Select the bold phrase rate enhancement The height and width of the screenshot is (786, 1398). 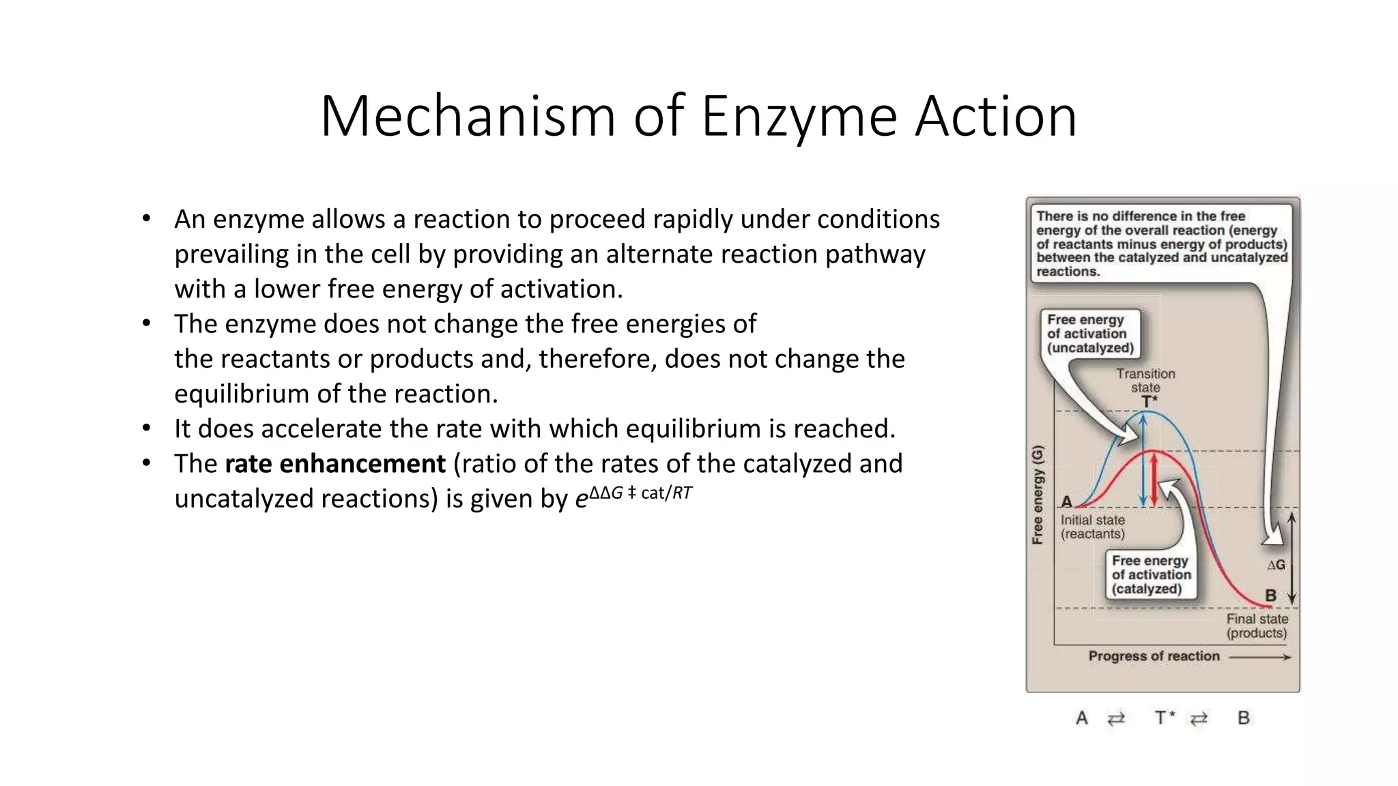pos(335,464)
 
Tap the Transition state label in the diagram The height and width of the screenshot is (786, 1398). pos(1145,381)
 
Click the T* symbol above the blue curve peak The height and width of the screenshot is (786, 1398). pos(1150,401)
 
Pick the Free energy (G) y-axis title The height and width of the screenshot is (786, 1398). pos(1038,495)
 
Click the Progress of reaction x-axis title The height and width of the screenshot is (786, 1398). pos(1154,656)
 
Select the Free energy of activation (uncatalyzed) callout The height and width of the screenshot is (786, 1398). pos(1090,334)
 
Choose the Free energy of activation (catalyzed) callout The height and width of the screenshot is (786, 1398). pos(1151,574)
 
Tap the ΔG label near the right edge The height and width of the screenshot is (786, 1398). pos(1275,565)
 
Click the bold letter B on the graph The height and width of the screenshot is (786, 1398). pos(1270,596)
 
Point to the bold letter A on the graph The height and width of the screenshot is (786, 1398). pos(1066,502)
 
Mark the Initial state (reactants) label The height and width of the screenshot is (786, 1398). pos(1092,527)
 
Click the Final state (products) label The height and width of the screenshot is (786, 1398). pos(1257,626)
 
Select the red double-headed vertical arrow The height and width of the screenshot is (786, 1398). pos(1154,479)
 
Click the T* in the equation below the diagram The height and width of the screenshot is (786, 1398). pos(1165,718)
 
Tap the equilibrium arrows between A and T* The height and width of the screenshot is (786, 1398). pos(1116,718)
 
